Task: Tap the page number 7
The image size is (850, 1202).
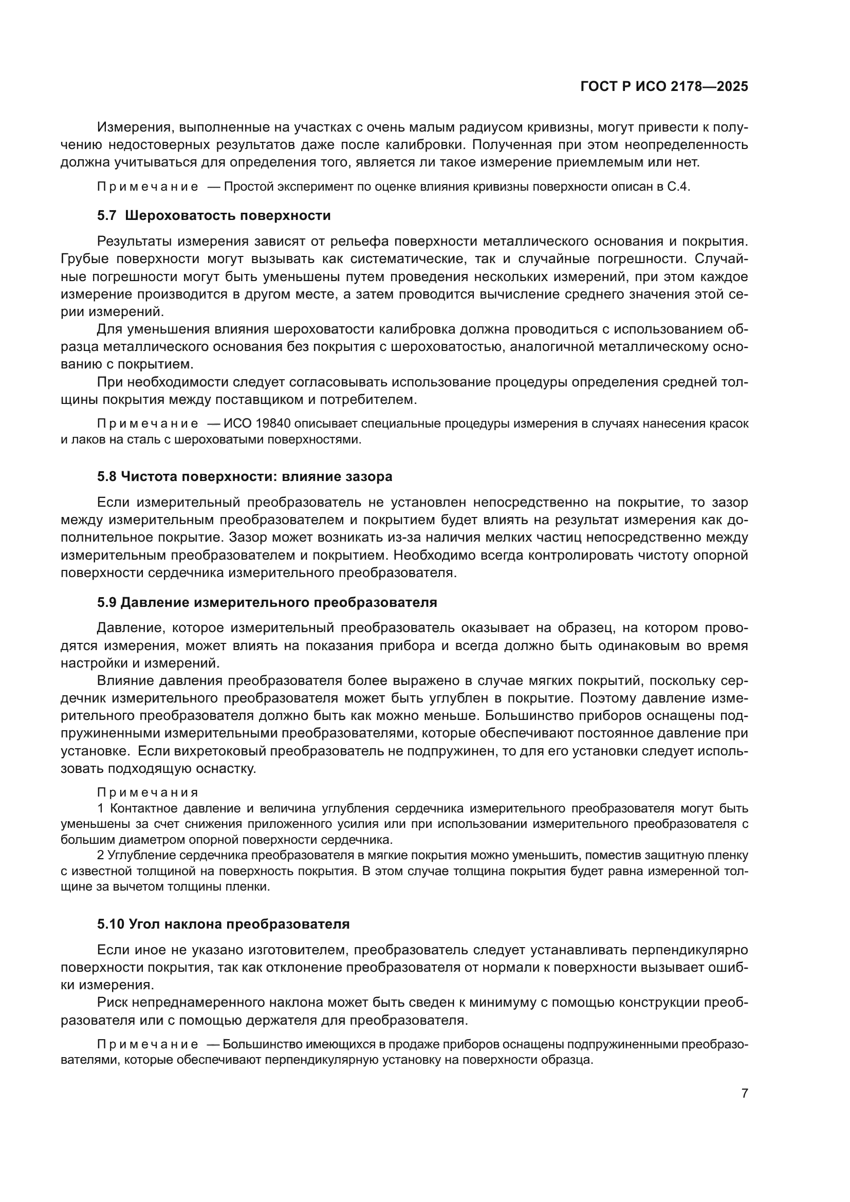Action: [x=744, y=1093]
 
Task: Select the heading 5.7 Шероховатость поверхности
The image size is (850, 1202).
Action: [x=214, y=216]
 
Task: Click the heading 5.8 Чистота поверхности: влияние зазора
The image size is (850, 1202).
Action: [x=245, y=476]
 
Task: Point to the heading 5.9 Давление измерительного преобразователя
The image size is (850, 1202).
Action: [x=267, y=602]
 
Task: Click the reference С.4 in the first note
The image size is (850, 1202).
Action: [x=679, y=188]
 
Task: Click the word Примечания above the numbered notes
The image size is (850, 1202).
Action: [x=148, y=792]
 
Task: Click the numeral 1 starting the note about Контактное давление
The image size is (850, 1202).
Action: [x=101, y=808]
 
